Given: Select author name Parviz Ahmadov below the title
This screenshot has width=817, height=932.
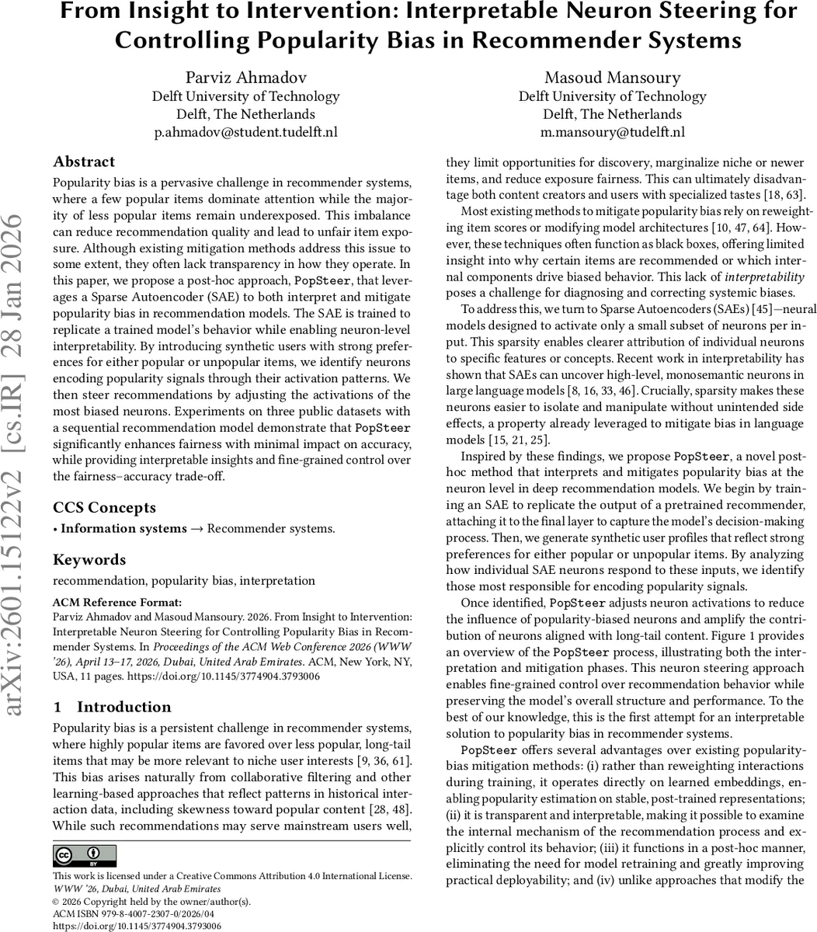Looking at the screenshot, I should [245, 77].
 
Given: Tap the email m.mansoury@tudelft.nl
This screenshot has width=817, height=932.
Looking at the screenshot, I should [612, 132].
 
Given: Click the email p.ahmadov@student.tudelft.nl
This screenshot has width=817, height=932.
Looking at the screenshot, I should [245, 132].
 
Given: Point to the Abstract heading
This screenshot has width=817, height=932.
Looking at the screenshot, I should [84, 162].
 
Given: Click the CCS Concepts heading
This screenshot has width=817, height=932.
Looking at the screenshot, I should [104, 508].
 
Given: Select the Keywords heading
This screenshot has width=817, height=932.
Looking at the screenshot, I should [89, 560].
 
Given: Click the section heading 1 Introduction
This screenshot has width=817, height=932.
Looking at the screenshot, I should [112, 707].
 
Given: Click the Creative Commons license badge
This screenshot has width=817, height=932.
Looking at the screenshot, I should [85, 856].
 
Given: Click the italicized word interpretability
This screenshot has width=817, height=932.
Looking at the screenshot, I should [764, 277].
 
